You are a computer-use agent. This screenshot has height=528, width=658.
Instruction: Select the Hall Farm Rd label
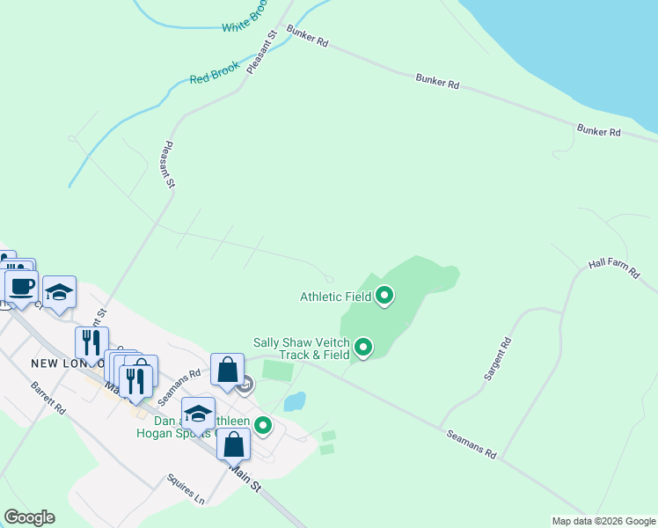pos(613,268)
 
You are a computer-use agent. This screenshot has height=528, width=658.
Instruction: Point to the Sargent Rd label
pos(497,359)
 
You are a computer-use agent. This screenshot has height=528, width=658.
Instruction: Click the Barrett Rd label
pos(48,398)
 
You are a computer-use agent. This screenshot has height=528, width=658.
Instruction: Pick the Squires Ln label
pos(186,490)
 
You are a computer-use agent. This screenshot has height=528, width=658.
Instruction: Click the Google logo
pos(29,517)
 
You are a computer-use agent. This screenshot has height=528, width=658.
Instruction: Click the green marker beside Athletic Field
pos(384,297)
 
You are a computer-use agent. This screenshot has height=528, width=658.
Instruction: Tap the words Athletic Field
pos(335,297)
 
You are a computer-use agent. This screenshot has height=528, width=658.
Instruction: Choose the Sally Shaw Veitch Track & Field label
pos(302,348)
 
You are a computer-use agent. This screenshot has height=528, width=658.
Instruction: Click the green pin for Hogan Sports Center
pos(262,427)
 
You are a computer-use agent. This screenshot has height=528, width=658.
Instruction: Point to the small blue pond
pos(295,402)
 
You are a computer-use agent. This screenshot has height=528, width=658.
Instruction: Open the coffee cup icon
pos(21,287)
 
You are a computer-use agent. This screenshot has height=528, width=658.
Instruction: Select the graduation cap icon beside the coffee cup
pos(60,293)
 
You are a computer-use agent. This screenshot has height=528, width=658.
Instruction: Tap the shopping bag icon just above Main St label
pos(233,444)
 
